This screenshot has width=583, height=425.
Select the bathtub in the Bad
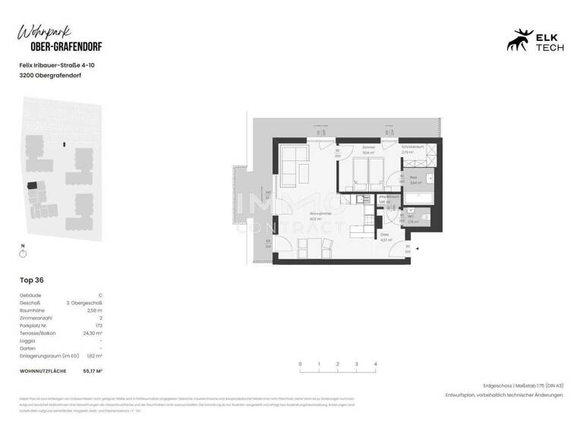419,200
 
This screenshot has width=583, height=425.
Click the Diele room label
385,237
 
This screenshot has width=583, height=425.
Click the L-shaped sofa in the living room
292,160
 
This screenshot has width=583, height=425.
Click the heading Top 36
31,280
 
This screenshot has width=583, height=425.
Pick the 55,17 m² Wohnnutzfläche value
91,370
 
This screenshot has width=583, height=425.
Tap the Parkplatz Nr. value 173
98,324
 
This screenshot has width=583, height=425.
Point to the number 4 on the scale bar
375,364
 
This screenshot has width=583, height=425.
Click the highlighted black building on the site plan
31,184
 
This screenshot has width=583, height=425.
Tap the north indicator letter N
23,246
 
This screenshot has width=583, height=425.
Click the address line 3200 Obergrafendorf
51,76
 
